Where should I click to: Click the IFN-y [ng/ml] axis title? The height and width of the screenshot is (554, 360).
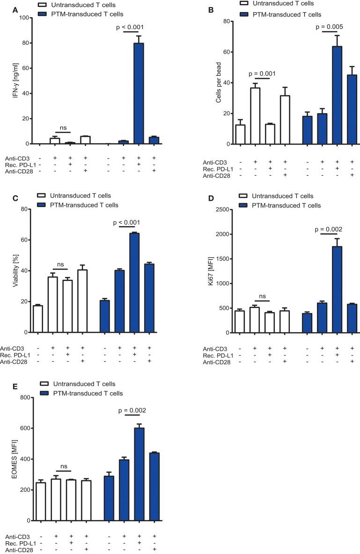[9, 80]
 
